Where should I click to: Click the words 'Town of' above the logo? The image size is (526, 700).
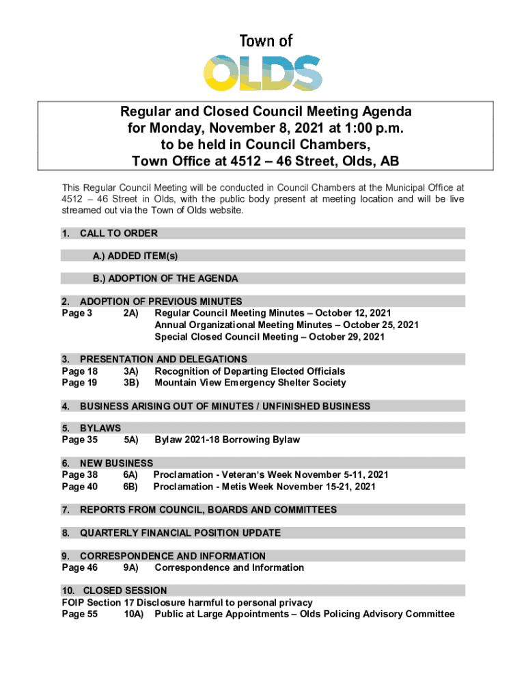tap(266, 41)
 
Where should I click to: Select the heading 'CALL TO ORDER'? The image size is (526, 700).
tap(119, 234)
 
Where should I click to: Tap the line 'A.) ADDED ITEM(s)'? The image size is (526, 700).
tap(135, 256)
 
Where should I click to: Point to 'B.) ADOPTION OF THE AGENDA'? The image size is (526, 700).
tap(165, 279)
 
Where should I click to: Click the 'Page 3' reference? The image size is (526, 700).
tap(77, 313)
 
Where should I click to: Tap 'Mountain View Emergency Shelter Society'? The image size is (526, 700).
tap(250, 383)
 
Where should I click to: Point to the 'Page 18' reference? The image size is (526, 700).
tap(79, 371)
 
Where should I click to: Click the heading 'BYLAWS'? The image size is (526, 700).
tap(100, 428)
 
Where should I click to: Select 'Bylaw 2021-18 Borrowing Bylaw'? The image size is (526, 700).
tap(227, 440)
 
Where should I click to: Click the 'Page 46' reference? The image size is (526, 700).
tap(79, 567)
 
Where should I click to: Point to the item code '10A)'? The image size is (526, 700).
tap(133, 614)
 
